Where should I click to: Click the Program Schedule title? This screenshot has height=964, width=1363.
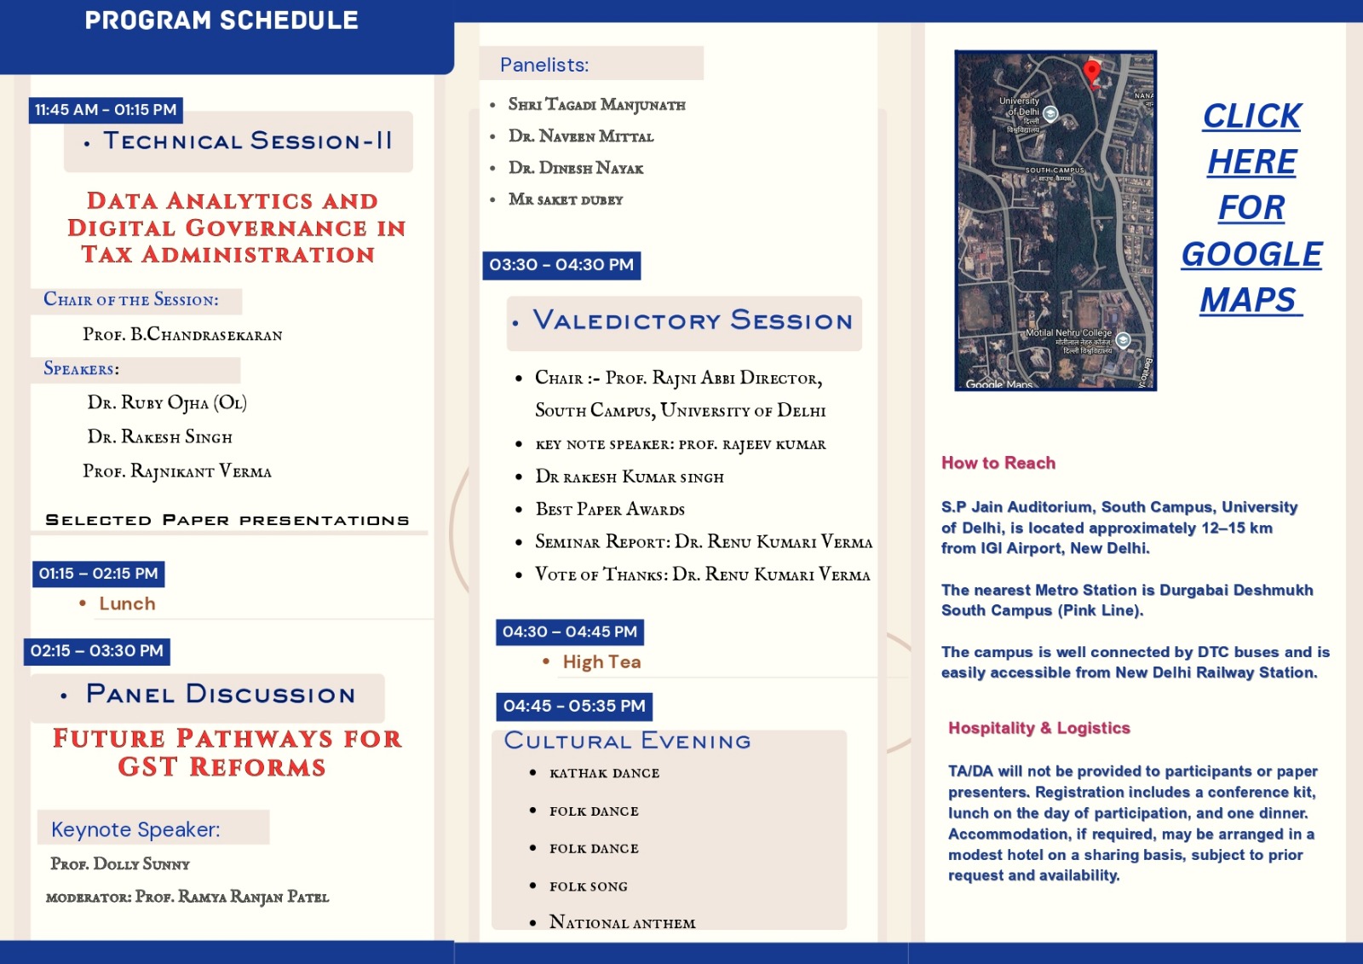point(221,20)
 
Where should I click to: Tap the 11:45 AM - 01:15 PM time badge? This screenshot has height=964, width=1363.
point(106,110)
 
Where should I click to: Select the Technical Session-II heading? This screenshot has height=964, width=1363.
point(247,141)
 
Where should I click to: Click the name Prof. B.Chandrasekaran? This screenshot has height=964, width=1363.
point(182,334)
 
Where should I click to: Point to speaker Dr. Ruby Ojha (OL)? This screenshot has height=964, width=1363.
point(167,402)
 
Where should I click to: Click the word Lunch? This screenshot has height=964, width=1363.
point(127,603)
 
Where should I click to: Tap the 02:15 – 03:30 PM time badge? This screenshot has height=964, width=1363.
point(97,651)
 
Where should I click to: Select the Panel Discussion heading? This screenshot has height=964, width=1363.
point(220,695)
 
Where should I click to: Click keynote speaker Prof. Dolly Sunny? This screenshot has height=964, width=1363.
point(120,863)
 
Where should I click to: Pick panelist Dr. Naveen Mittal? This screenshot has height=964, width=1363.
point(581,136)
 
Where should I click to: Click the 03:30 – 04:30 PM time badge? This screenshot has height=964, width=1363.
point(561,265)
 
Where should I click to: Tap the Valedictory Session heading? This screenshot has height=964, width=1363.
point(692,320)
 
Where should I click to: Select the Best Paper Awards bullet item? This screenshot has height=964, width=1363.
point(610,510)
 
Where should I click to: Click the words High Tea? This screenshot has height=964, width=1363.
point(601,662)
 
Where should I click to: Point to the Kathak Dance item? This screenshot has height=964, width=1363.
point(604,773)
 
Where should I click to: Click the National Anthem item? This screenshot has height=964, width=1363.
point(622,922)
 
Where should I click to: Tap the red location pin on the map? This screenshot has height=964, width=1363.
point(1091,72)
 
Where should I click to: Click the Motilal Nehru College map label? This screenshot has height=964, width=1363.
point(1069,333)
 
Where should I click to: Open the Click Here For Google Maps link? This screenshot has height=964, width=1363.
point(1251,208)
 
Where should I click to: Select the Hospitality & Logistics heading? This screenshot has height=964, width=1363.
point(1038,728)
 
